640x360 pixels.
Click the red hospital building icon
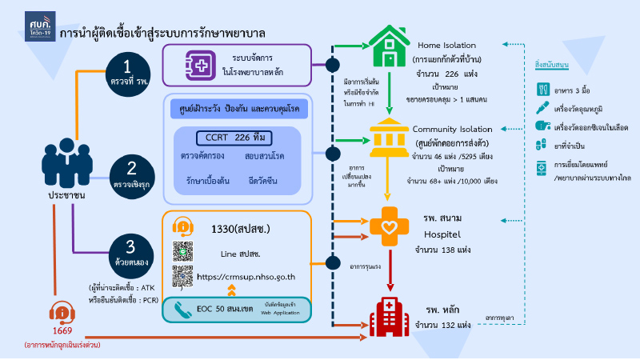[x=388, y=314]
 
